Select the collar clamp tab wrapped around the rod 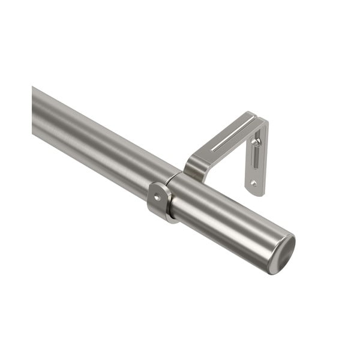point(159,201)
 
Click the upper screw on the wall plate point(256,142)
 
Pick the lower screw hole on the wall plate point(254,183)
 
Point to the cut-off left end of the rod point(35,111)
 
